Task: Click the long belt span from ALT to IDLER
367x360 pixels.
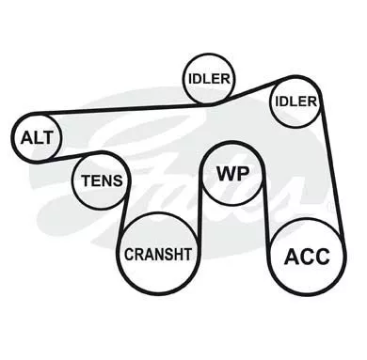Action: tap(122, 109)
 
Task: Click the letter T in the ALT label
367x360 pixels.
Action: tap(47, 137)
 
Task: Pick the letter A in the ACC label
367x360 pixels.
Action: tap(291, 257)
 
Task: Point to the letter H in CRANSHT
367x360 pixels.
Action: tap(177, 254)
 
